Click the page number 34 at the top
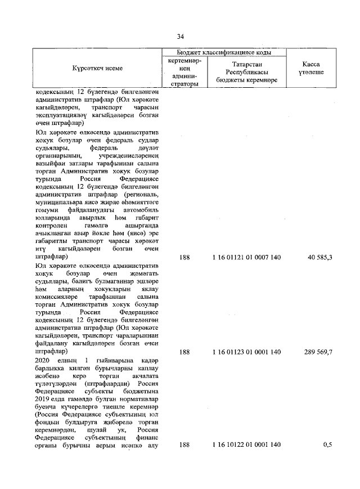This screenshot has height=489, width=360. point(181,37)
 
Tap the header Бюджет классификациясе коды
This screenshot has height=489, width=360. point(224,52)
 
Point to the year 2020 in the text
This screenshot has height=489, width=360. point(43,360)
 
